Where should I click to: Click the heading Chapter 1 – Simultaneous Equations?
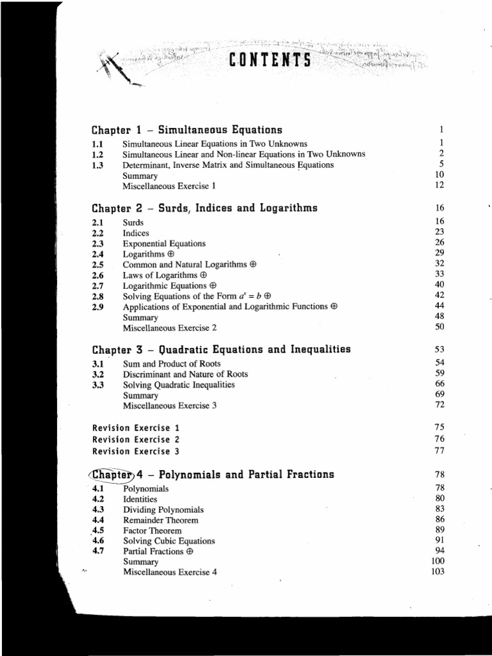click(x=187, y=130)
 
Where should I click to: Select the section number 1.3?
click(x=98, y=165)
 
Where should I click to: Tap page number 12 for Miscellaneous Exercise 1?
click(x=439, y=185)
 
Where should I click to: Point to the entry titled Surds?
click(x=133, y=222)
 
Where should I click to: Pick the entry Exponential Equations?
click(x=164, y=243)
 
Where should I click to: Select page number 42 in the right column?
click(x=439, y=295)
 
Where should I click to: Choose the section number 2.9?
click(x=98, y=306)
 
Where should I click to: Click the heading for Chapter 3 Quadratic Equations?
click(x=221, y=349)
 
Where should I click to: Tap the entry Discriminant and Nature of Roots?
click(x=185, y=374)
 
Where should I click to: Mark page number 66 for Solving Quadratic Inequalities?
click(x=439, y=384)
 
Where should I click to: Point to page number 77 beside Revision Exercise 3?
click(x=439, y=451)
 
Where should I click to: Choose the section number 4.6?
click(x=98, y=541)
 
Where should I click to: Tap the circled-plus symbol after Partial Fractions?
click(x=190, y=552)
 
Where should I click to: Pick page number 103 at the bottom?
click(x=438, y=571)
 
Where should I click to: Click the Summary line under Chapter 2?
click(x=140, y=317)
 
